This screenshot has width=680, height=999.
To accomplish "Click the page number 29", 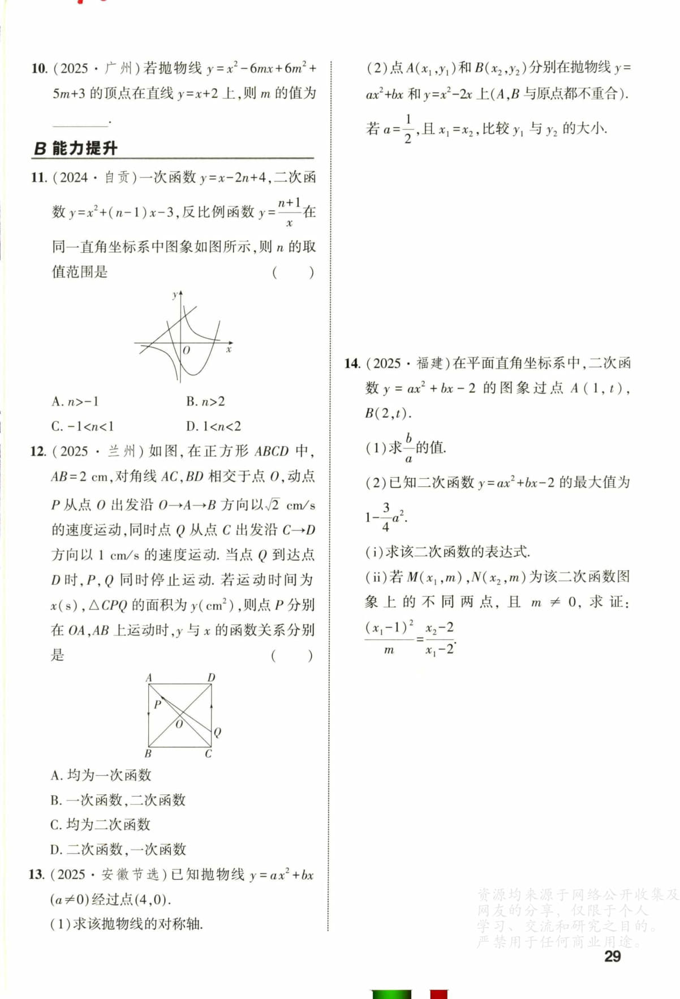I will tap(613, 956).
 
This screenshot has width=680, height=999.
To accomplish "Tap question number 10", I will tap(39, 68).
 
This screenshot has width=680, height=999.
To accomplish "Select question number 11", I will tap(38, 178).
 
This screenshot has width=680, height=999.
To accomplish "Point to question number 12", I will tap(38, 451).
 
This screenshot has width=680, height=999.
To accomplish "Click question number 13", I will tap(36, 875).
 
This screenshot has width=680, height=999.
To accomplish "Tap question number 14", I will tap(352, 364).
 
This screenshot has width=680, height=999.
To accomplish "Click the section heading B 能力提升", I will tap(75, 149).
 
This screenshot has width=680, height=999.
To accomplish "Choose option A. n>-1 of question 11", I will tap(75, 401).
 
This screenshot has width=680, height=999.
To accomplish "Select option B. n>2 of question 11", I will tap(205, 401).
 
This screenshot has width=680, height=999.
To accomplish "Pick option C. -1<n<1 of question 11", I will tap(82, 426).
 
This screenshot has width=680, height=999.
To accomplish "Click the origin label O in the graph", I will tap(186, 351).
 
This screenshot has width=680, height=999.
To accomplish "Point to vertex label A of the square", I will tap(149, 677).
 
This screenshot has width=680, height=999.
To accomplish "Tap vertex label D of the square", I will tap(211, 677).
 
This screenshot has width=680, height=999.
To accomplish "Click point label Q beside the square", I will tap(217, 732).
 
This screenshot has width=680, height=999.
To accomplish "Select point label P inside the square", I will tap(157, 704).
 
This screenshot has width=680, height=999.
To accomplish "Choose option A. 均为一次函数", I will tap(101, 775).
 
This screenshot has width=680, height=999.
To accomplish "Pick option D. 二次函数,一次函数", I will tap(118, 849).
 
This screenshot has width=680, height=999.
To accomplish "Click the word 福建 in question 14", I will tap(430, 364).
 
